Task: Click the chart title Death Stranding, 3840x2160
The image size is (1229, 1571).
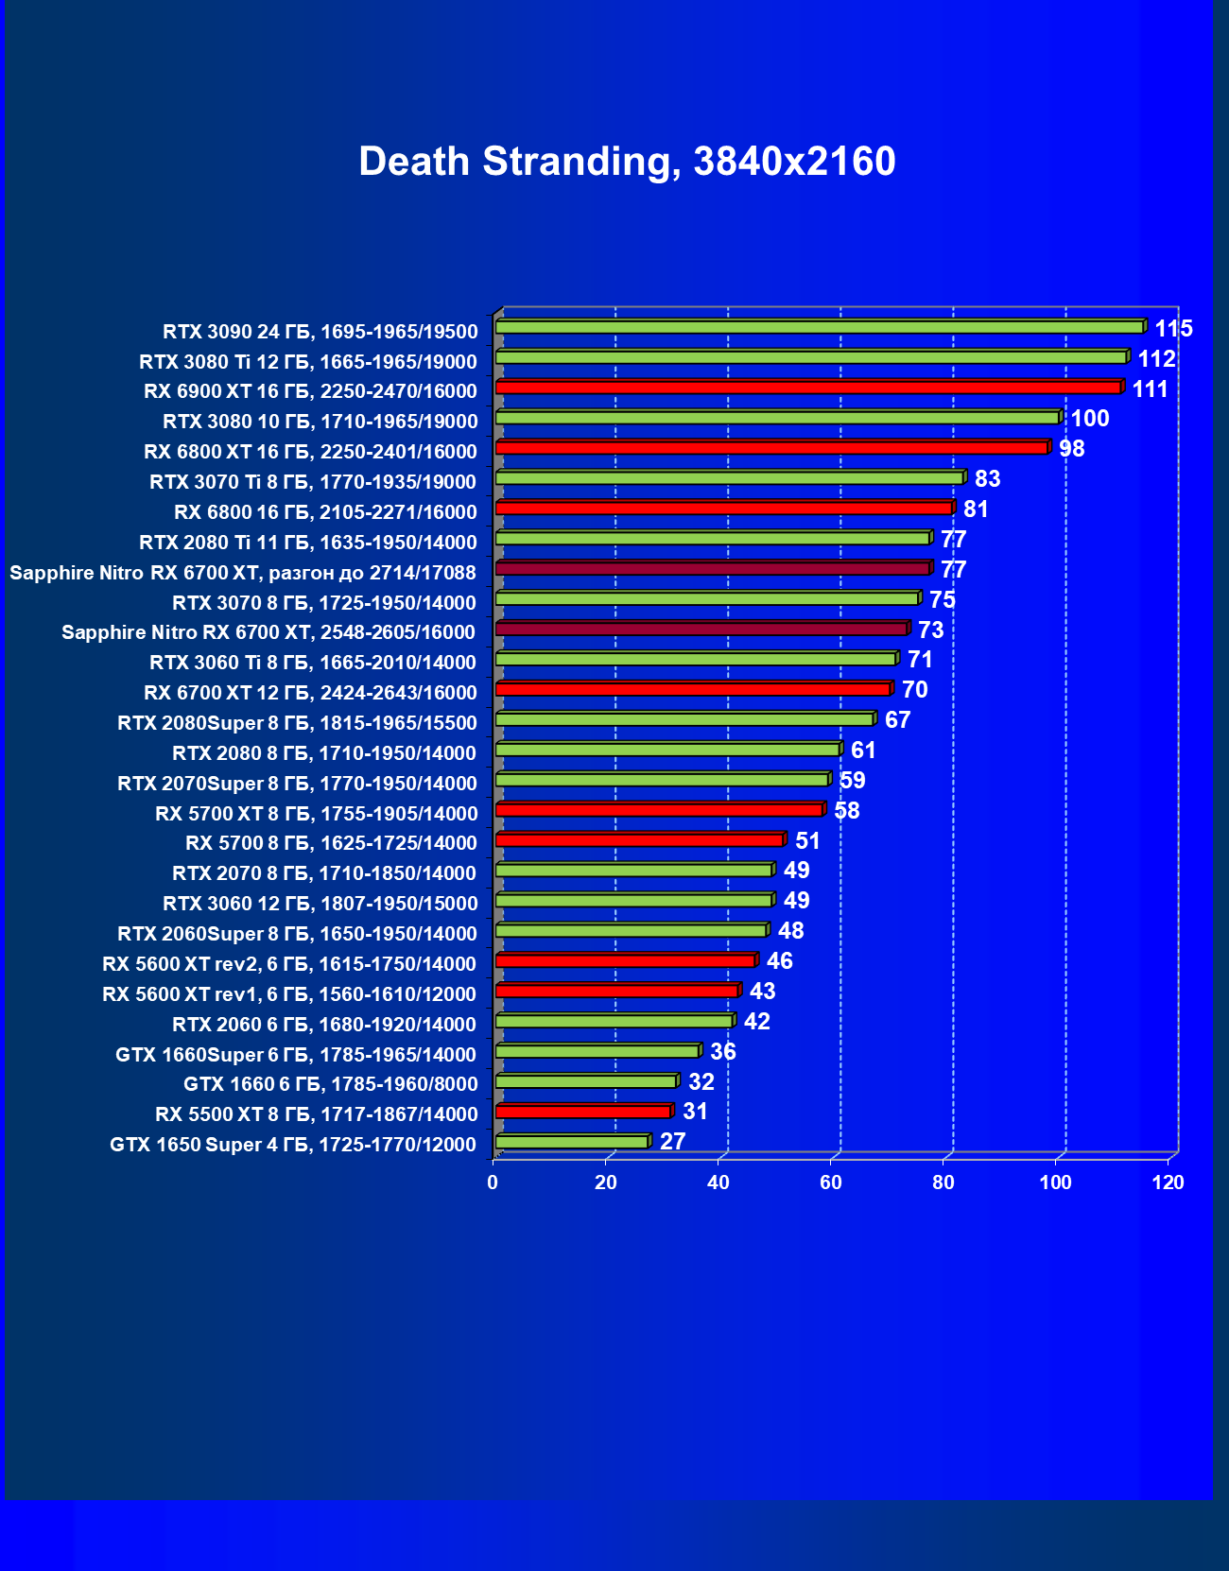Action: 627,162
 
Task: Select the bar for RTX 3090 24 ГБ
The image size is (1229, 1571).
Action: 819,327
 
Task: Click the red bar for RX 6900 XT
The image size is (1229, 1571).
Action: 807,388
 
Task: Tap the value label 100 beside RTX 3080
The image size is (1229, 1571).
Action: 1089,419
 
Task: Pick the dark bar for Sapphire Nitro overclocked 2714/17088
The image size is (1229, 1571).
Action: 712,569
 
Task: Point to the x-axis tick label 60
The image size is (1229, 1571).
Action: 831,1183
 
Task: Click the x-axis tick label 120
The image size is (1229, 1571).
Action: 1168,1183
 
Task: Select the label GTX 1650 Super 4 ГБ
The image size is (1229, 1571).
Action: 293,1145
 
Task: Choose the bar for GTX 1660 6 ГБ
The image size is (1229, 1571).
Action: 585,1081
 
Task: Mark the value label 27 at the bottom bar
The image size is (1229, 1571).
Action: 672,1142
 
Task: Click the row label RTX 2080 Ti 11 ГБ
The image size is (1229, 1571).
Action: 308,543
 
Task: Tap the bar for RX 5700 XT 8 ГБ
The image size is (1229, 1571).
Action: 659,810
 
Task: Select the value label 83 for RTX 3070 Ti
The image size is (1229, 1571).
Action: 987,479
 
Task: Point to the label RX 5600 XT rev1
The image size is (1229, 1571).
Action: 289,994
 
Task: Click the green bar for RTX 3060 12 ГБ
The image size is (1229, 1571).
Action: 633,900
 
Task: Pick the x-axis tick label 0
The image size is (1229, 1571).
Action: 493,1183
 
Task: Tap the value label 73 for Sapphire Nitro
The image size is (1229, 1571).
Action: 930,630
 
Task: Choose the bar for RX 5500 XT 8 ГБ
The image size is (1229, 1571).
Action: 582,1112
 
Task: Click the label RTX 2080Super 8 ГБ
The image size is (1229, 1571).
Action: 297,723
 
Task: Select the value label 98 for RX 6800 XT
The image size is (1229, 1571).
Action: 1071,449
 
